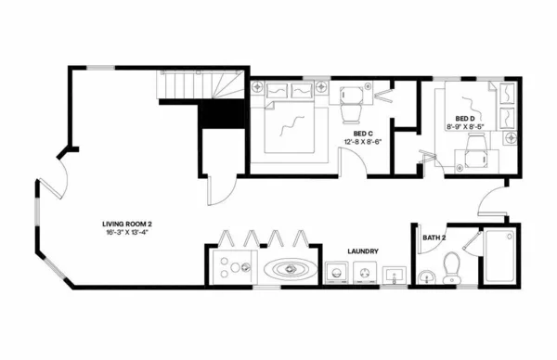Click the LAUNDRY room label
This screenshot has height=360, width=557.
point(360,251)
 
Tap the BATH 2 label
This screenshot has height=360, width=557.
point(434,238)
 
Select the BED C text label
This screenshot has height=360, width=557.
point(363,134)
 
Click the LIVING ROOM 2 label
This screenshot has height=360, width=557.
point(127,225)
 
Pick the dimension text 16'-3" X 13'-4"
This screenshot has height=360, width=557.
point(127,233)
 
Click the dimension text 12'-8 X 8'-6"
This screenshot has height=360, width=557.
point(363,142)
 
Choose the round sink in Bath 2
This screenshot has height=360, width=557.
point(426,276)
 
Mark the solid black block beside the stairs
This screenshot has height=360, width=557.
point(222,115)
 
